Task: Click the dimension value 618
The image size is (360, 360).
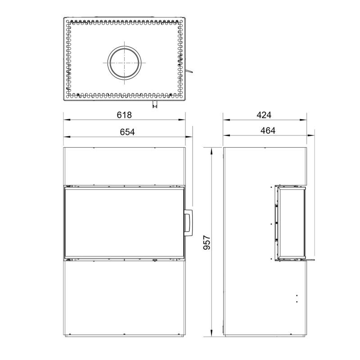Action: [x=124, y=115]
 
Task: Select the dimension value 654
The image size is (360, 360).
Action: [x=127, y=132]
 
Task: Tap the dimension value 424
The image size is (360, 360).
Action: [x=264, y=115]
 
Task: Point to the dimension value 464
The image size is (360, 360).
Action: [x=268, y=130]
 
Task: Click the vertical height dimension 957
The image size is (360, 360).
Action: [x=207, y=242]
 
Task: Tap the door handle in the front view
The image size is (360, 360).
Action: [x=188, y=223]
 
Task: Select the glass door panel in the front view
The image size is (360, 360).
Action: [x=124, y=223]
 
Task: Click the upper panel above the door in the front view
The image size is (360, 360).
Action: [x=124, y=166]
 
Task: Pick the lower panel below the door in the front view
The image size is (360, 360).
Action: [x=124, y=298]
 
